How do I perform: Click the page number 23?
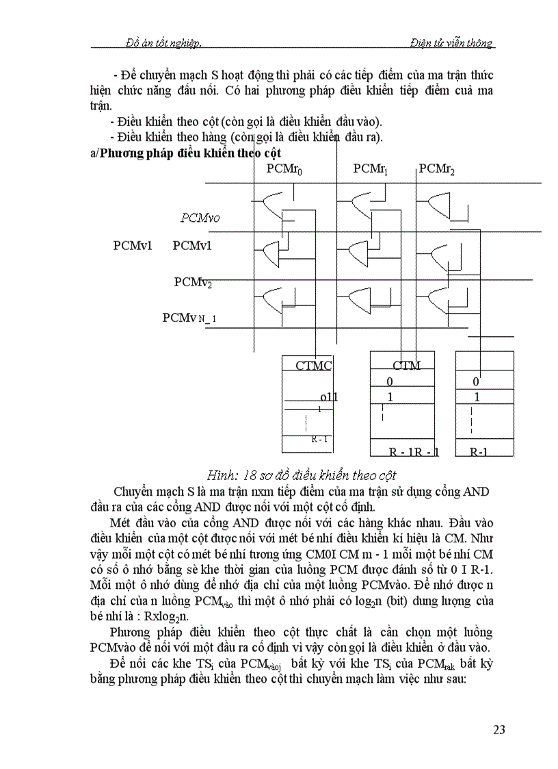point(499,729)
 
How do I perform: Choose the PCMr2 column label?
point(437,168)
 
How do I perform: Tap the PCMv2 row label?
point(193,282)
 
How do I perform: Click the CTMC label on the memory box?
point(313,366)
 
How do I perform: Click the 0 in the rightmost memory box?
point(476,381)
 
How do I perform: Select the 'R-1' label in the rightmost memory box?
point(483,452)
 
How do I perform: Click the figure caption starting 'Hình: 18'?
point(302,475)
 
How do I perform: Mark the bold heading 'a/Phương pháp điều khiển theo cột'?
point(185,153)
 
